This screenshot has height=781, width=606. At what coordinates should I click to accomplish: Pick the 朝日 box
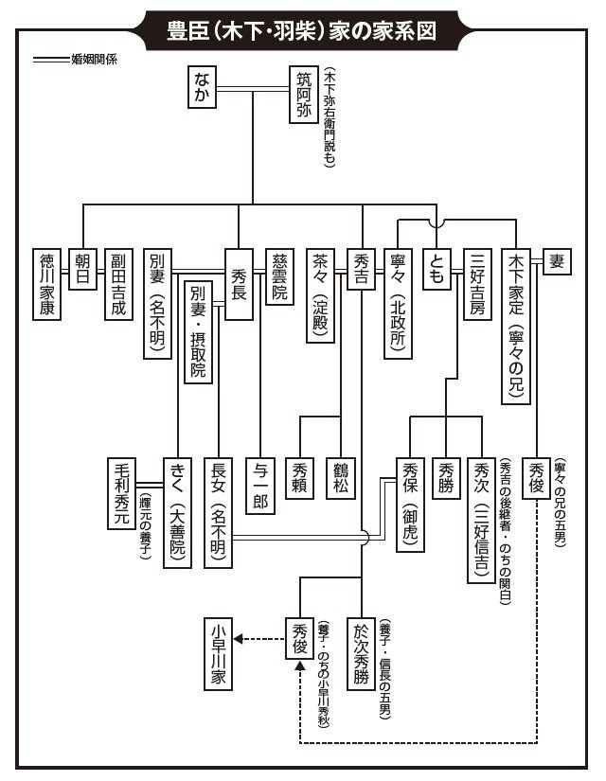(x=84, y=271)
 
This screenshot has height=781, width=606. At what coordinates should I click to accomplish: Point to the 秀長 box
(x=239, y=282)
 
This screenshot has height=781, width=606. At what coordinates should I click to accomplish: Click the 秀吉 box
(x=364, y=271)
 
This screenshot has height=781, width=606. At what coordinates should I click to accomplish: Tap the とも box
(x=437, y=271)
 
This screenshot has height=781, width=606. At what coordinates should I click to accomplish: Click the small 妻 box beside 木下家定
(x=556, y=261)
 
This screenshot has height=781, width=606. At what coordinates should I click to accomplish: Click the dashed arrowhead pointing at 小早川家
(x=240, y=639)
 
